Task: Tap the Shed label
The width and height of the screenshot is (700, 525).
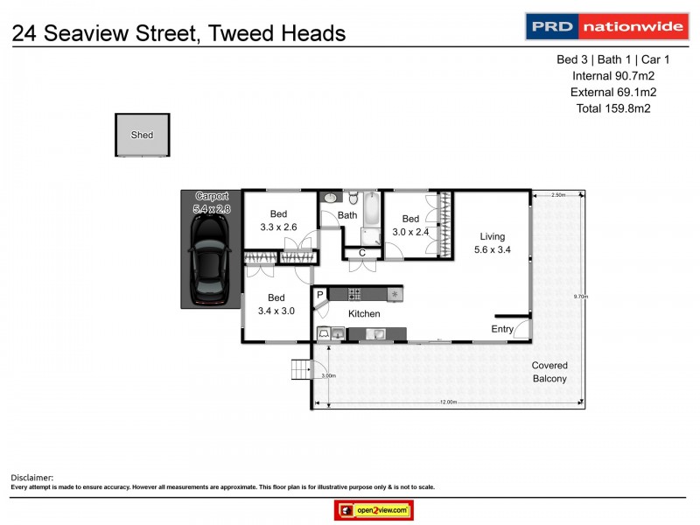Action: pyautogui.click(x=142, y=136)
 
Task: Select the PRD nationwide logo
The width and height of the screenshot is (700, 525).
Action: pyautogui.click(x=605, y=26)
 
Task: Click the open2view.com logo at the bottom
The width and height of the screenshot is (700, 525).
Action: pyautogui.click(x=374, y=510)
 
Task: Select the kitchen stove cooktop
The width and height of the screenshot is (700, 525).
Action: pyautogui.click(x=356, y=294)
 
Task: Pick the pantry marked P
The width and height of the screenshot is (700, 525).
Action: pyautogui.click(x=320, y=295)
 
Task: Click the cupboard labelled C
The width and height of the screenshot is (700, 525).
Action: pyautogui.click(x=361, y=253)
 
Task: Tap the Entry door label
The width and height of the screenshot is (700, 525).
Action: pyautogui.click(x=502, y=329)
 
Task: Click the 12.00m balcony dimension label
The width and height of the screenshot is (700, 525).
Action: pyautogui.click(x=447, y=402)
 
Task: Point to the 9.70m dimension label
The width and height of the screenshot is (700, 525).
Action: pyautogui.click(x=579, y=297)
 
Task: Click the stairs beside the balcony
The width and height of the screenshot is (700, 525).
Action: pyautogui.click(x=301, y=371)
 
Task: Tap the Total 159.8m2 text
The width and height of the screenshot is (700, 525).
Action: pyautogui.click(x=612, y=108)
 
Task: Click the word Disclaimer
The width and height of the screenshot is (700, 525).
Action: pyautogui.click(x=31, y=478)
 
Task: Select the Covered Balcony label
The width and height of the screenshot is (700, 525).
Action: pyautogui.click(x=549, y=372)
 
